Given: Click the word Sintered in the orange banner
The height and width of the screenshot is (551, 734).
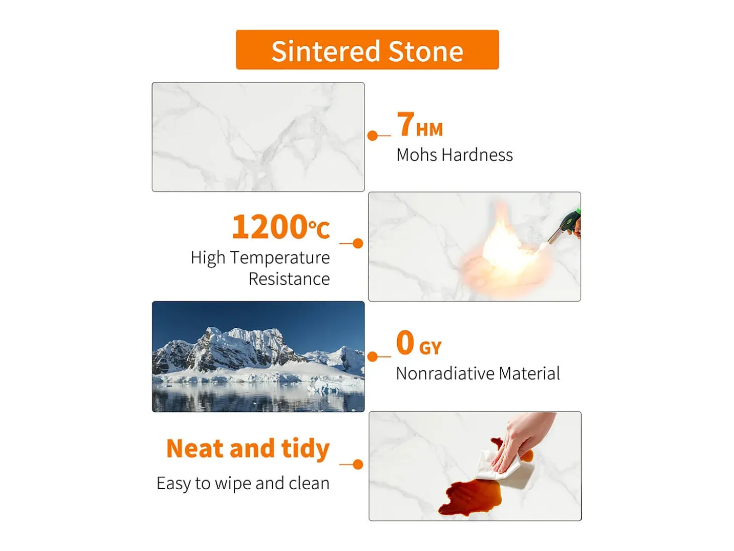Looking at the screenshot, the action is pos(325,51).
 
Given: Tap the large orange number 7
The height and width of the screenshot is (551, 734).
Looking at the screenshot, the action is pos(406,124).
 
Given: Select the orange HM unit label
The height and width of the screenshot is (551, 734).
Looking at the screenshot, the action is pos(429,129).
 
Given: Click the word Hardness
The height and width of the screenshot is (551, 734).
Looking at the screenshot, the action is pos(477,155).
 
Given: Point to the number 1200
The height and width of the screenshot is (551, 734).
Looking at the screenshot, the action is pos(269,227).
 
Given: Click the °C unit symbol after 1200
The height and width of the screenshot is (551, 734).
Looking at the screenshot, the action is pos(319,229).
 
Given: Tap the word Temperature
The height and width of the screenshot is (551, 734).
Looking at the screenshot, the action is pos(280,258).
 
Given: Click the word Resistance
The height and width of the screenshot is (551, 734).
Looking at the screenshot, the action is pos(289,279).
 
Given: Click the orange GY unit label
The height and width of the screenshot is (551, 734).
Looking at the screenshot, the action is pos(430,348).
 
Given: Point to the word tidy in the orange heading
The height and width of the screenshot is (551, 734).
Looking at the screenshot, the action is pos(305,448).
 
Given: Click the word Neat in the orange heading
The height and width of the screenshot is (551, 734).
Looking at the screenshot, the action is pos(195,448).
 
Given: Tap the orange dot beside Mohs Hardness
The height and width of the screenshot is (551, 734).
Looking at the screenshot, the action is pos(372,136).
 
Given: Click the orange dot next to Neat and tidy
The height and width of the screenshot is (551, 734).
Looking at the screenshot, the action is pos(358,465).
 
